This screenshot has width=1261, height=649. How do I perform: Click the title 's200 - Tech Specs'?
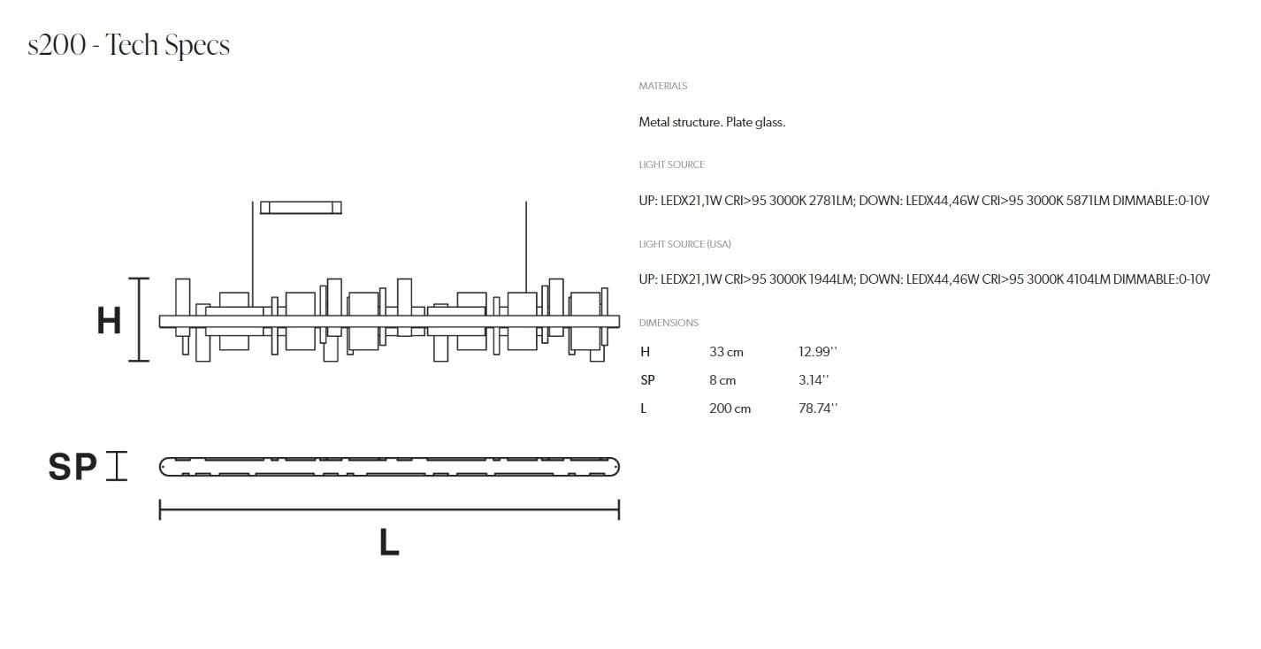click(129, 45)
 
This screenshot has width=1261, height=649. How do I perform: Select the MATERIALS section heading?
click(662, 86)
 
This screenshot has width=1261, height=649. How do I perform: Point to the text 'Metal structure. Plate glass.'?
click(712, 122)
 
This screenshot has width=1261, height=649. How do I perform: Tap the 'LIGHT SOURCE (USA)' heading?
click(684, 244)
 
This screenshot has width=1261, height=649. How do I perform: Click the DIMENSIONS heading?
click(669, 323)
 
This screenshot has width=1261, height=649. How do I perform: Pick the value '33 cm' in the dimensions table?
click(726, 352)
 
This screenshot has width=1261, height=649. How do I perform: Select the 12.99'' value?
click(817, 352)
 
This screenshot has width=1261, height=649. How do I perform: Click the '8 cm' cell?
click(722, 380)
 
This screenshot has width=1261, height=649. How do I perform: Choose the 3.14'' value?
click(814, 380)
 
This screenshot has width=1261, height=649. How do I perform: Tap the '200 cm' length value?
click(730, 408)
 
